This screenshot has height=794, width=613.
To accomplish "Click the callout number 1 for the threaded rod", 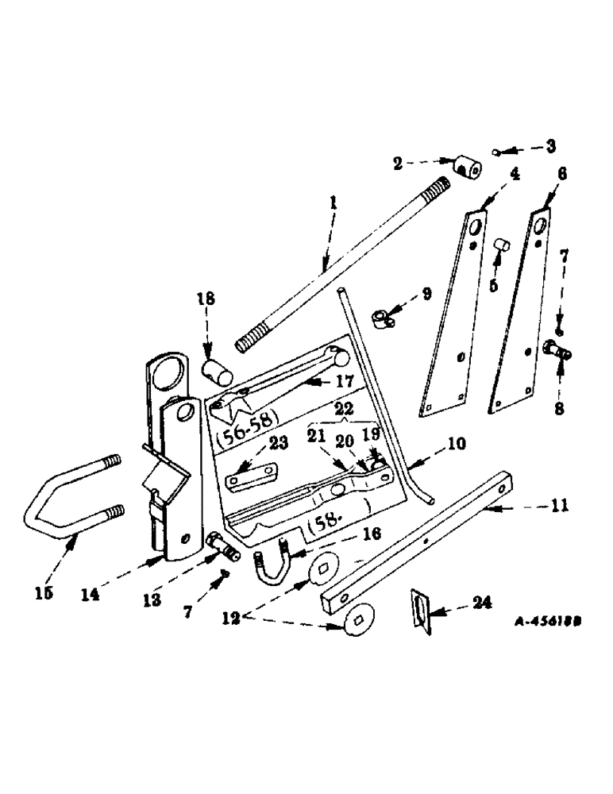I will pos(333,204).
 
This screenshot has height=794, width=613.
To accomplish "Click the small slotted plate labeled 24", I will pos(420,610).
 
